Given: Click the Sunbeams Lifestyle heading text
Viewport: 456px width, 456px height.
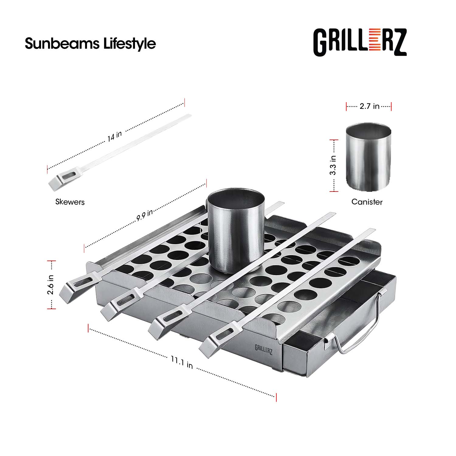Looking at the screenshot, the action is tap(90, 43).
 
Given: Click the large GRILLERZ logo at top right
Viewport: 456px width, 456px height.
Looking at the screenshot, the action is tap(360, 42).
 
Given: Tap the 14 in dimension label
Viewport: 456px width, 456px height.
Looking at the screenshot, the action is tap(115, 136).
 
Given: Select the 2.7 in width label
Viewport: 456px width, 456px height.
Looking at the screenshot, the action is tap(369, 106).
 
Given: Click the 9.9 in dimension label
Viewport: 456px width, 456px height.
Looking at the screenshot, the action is tap(144, 215).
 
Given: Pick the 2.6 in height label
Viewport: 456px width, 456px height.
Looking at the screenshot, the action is tap(50, 285).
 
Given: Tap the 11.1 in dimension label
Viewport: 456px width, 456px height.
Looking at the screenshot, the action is tap(182, 362).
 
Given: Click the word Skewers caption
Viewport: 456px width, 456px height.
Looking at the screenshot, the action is tap(70, 202).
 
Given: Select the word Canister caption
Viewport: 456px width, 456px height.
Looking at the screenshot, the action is tap(367, 202).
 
